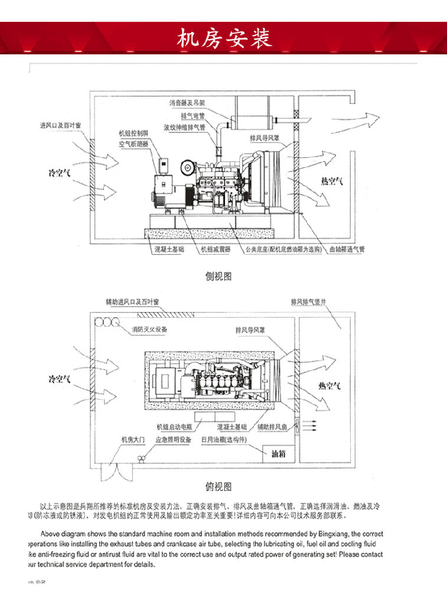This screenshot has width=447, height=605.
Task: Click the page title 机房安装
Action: pos(224,37)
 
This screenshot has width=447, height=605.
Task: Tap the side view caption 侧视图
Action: pos(218,276)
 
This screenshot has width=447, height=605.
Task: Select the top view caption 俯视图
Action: pos(218,486)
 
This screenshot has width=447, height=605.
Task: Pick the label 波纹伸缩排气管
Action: pos(185,127)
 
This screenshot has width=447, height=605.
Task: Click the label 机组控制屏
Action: pos(133,134)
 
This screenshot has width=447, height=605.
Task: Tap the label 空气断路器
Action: pos(133,144)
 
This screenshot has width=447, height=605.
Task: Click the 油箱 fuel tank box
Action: pos(279,454)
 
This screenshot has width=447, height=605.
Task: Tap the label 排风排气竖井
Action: pos(308,302)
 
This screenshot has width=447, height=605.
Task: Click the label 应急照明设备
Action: pos(174,440)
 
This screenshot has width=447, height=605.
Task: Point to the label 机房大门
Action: pos(132,440)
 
